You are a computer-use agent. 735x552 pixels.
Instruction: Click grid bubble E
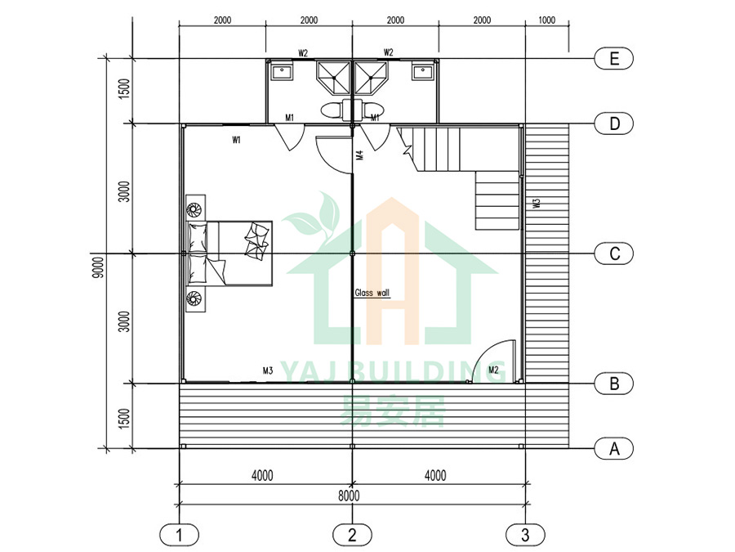pos(613,58)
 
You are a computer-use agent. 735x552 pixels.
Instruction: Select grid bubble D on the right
pos(613,123)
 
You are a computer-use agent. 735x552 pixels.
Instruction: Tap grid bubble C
pos(613,254)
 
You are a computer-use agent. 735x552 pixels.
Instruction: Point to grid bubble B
pos(613,383)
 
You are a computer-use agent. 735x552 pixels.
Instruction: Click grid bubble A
pos(613,448)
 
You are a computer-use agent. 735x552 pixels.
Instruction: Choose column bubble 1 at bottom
pos(180,536)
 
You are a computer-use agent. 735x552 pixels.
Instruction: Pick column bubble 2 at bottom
pos(352,536)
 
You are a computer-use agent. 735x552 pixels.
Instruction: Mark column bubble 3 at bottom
pos(524,536)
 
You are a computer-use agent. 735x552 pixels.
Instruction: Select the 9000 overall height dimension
pos(98,267)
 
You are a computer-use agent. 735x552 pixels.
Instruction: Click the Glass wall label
pos(372,292)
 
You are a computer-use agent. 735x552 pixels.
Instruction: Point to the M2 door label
pos(493,370)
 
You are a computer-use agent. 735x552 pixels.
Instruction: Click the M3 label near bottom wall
pos(267,370)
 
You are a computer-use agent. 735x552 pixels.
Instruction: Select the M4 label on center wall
pos(359,155)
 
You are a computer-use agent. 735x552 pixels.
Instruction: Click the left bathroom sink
pos(283,71)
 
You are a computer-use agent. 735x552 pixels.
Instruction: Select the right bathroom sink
pos(423,71)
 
